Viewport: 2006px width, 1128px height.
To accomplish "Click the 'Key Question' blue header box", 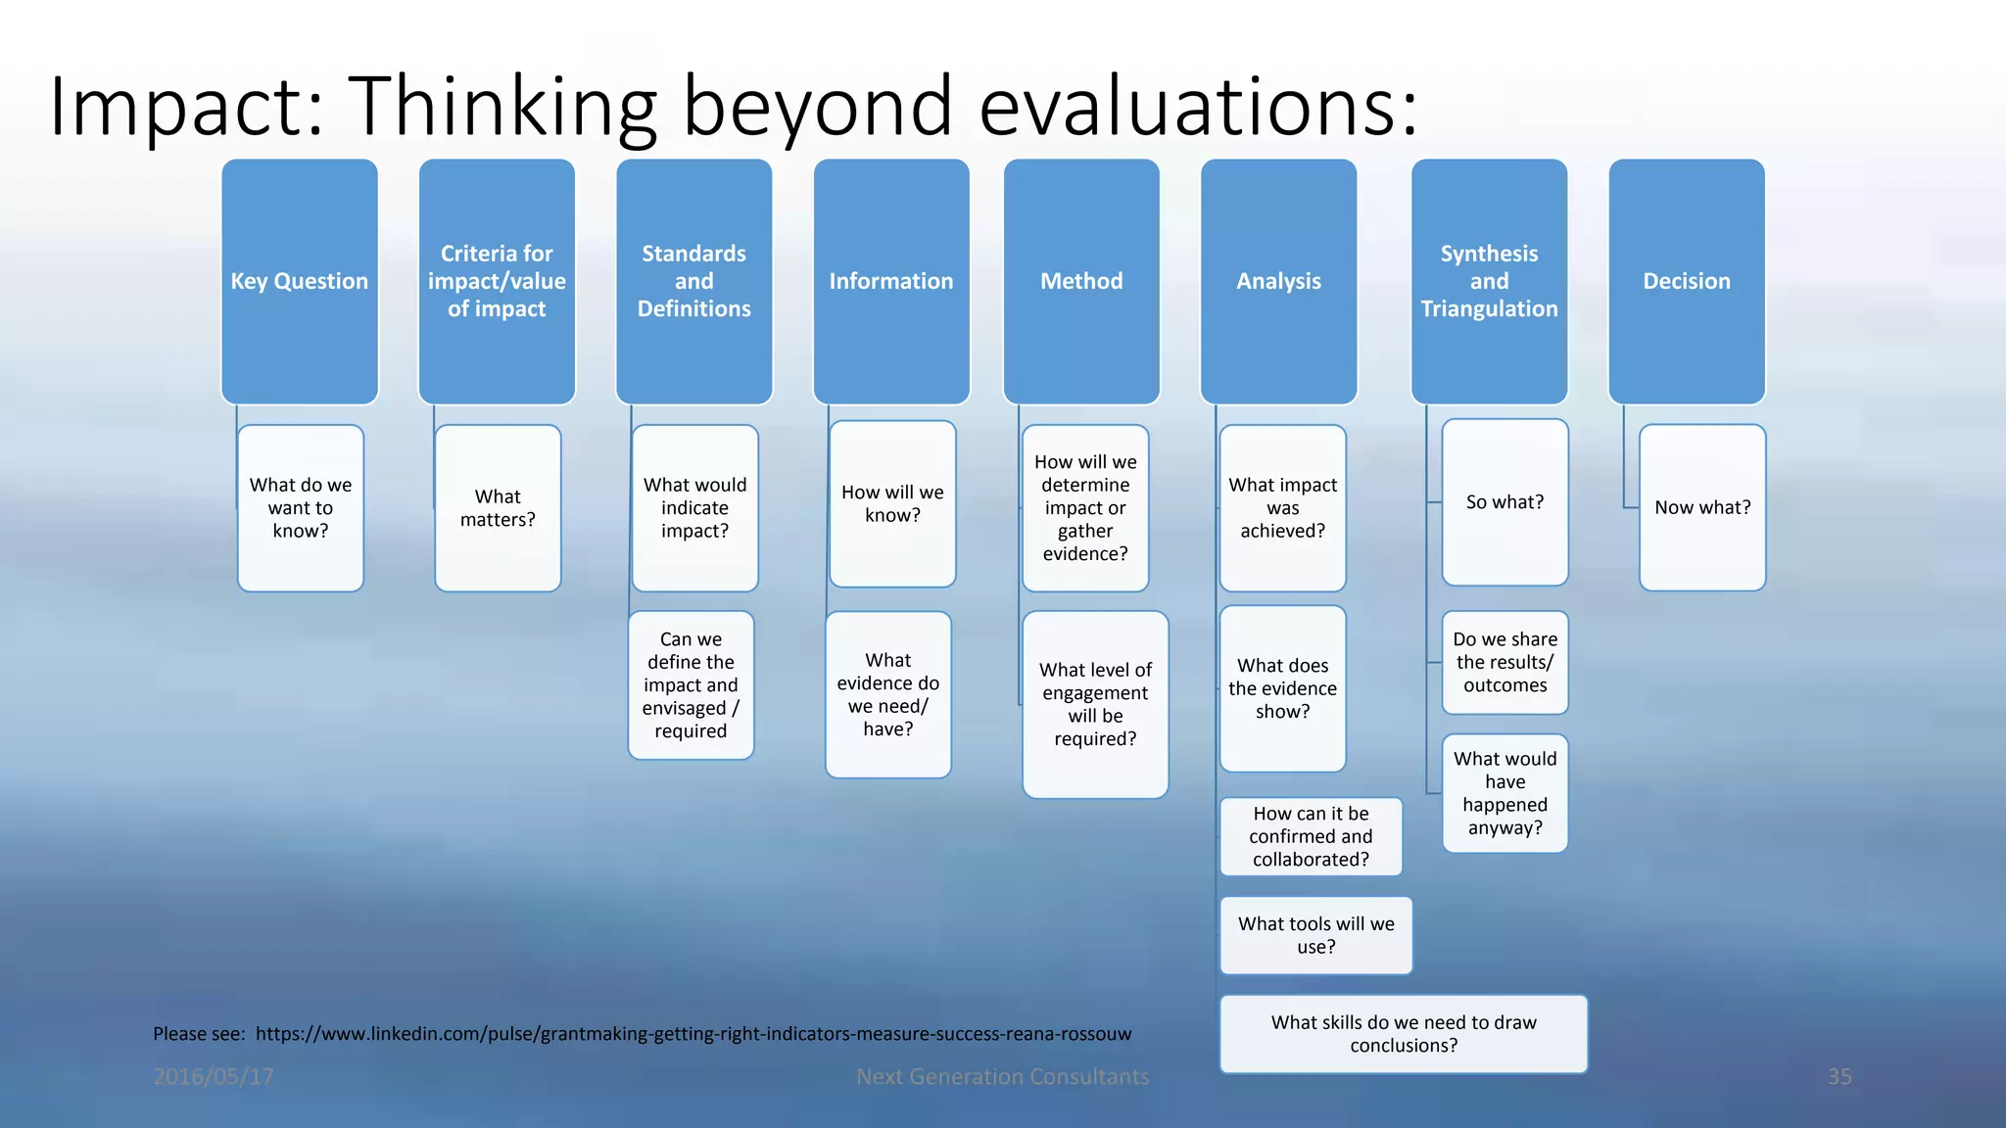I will coord(300,281).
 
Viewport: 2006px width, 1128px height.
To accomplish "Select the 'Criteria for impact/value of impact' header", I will coord(497,281).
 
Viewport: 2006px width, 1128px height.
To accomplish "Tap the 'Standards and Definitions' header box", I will coord(693,281).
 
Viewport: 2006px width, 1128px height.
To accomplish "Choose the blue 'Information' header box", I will coord(891,281).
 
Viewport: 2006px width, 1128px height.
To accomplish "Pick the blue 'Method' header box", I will coord(1081,281).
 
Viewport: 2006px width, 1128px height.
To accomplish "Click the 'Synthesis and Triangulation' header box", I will coord(1489,281).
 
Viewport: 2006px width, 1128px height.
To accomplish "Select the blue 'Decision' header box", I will coord(1687,281).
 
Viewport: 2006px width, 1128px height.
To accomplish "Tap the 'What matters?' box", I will coord(498,508).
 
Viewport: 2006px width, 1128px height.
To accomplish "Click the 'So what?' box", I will coord(1504,502).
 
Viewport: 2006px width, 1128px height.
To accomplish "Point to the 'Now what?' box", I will coord(1702,507).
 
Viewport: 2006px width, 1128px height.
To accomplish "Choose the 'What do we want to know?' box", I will coord(301,508).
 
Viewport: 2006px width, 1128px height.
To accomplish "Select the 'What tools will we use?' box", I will coord(1315,935).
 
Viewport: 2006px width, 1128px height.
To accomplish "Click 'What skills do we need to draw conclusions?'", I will coord(1403,1034).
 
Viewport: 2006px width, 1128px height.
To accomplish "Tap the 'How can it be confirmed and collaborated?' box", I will coord(1311,836).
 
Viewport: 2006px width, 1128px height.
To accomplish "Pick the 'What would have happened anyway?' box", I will coord(1504,793).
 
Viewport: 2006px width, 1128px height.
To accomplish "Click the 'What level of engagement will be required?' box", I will coord(1095,704).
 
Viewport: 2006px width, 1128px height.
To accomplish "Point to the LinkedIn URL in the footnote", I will coord(693,1034).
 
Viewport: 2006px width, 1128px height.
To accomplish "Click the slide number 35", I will coord(1839,1076).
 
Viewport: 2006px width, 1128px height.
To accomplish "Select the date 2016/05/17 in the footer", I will coord(214,1076).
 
